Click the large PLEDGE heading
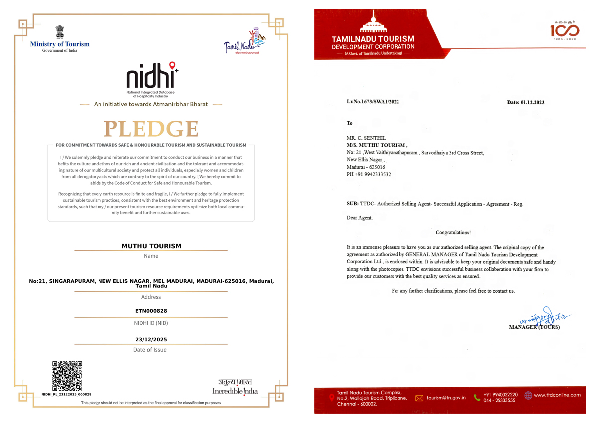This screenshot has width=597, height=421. [151, 129]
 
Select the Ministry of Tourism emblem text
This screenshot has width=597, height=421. [60, 44]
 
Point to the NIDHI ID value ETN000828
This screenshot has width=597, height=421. [151, 311]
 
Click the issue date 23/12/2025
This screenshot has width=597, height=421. [151, 340]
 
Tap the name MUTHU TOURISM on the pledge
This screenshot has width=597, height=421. [151, 246]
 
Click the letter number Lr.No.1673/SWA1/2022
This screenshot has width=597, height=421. [373, 102]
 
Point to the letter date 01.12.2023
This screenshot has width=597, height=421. [525, 102]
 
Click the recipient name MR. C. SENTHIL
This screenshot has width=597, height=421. [366, 138]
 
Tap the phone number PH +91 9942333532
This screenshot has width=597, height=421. [369, 175]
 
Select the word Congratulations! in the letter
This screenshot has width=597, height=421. [453, 232]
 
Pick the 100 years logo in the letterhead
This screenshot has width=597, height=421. [564, 31]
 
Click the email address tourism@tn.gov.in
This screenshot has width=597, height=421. [446, 398]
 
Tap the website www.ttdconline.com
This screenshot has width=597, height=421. [557, 395]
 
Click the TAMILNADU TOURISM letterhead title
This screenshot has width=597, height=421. [373, 39]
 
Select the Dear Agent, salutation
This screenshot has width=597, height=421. [359, 218]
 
